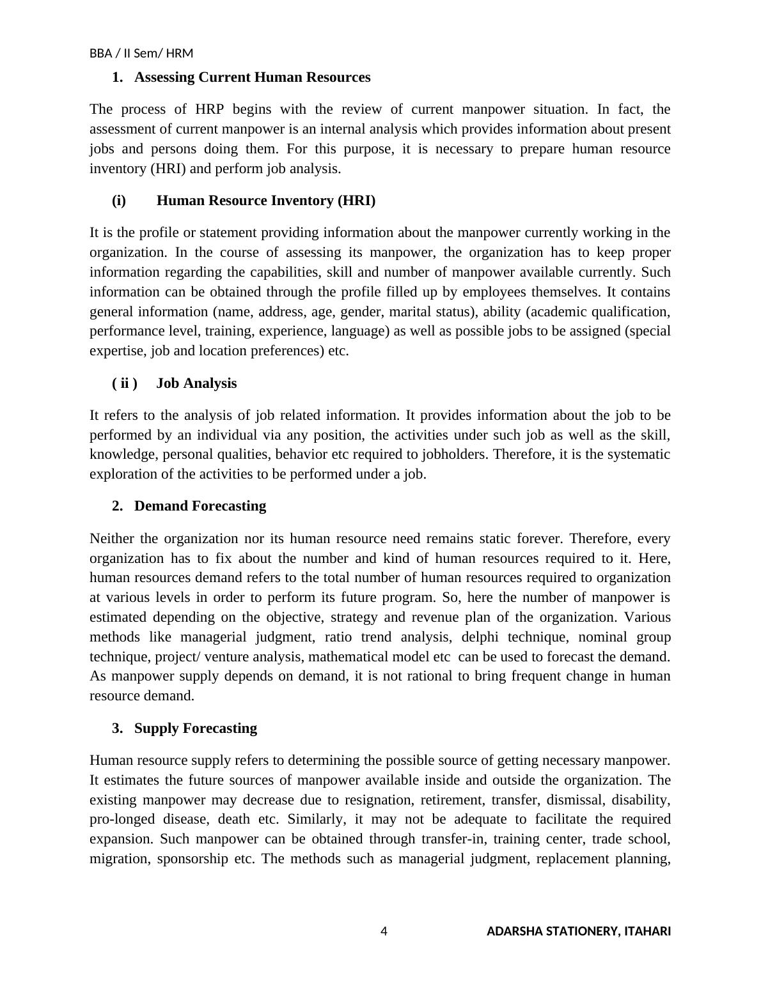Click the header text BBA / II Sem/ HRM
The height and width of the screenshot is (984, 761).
tap(141, 53)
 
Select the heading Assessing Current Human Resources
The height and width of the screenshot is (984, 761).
tap(252, 77)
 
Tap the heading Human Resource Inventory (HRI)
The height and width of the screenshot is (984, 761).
tap(266, 201)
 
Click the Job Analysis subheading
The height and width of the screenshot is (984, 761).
tap(196, 383)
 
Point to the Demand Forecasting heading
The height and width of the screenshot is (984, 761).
tap(200, 506)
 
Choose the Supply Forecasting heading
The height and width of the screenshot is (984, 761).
tap(196, 728)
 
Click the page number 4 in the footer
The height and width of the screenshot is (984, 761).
tap(384, 931)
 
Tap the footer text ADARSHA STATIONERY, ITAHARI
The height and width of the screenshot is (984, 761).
tap(579, 931)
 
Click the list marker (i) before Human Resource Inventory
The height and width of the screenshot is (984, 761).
tap(119, 201)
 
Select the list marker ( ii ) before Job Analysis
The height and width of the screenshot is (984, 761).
tap(125, 383)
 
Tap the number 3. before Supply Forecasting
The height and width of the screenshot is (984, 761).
tap(117, 728)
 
